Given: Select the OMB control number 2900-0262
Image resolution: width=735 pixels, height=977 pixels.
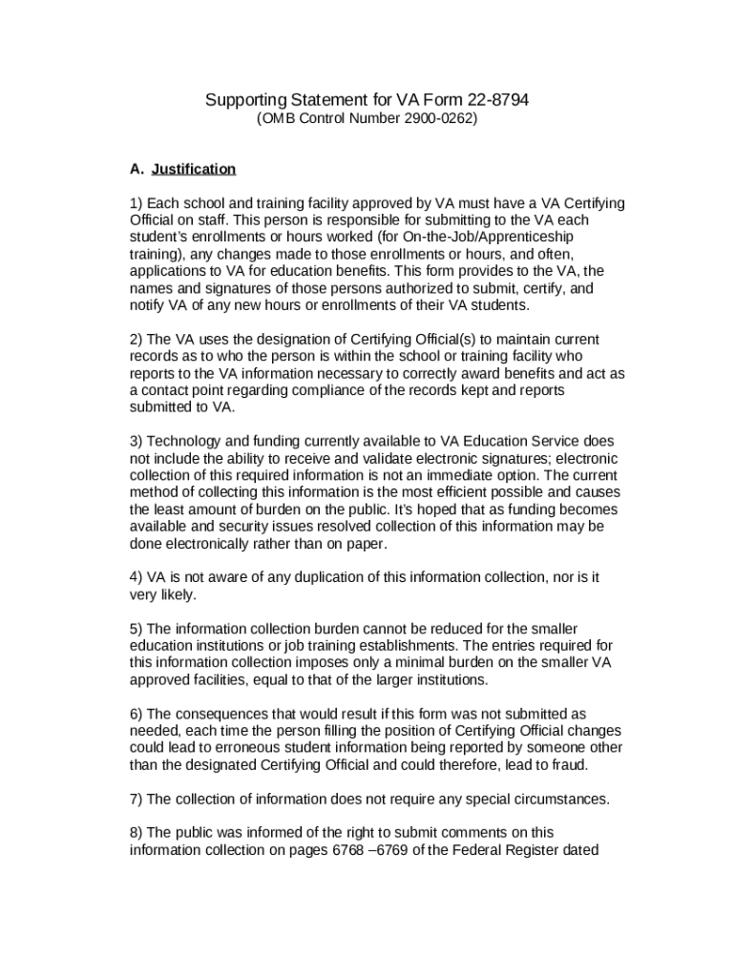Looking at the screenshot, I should coord(434,119).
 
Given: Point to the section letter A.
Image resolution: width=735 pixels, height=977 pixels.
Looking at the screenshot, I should coord(136,169).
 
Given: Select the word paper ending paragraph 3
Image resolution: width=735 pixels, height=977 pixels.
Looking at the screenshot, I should coord(366,544).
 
